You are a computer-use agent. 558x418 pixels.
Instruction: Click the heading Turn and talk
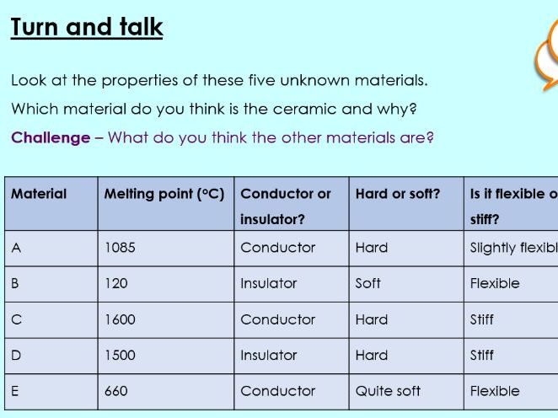(87, 27)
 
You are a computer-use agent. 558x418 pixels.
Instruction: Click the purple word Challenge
(51, 137)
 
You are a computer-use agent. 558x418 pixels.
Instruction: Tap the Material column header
(39, 194)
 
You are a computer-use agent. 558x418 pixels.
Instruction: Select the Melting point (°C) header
(164, 194)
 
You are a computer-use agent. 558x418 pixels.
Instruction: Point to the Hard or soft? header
(398, 194)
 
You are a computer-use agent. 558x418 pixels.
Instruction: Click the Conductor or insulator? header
(286, 206)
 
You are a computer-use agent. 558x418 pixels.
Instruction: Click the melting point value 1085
(120, 248)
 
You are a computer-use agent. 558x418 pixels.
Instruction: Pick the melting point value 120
(116, 284)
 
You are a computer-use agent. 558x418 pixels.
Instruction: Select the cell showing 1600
(120, 319)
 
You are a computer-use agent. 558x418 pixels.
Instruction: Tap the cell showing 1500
(120, 356)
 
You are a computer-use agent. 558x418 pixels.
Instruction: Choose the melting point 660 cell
(116, 391)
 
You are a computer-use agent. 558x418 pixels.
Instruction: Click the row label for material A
(16, 248)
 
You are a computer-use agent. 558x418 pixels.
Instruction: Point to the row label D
(16, 356)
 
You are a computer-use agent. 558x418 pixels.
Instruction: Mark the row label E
(16, 391)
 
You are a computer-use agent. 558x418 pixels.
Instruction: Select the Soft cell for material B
(368, 284)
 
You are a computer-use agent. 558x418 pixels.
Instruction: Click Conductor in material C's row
(278, 319)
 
